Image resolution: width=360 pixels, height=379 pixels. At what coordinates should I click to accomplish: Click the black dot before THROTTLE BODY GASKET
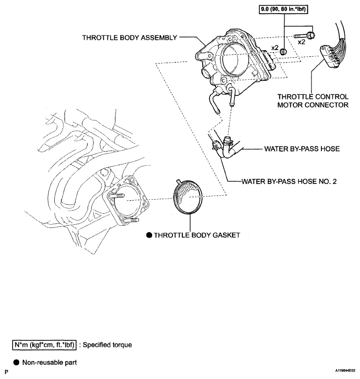click(148, 235)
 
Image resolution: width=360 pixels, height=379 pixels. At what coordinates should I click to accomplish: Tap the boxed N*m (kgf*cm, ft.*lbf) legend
click(44, 345)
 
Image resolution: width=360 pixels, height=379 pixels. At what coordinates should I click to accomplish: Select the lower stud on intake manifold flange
click(134, 219)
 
